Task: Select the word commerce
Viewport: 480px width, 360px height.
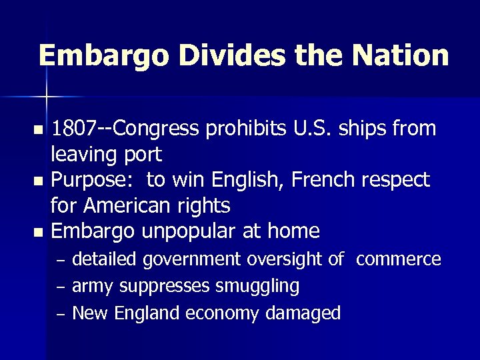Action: [x=398, y=259]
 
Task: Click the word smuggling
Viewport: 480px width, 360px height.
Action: [x=257, y=286]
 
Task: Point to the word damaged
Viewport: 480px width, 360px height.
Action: [x=305, y=313]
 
